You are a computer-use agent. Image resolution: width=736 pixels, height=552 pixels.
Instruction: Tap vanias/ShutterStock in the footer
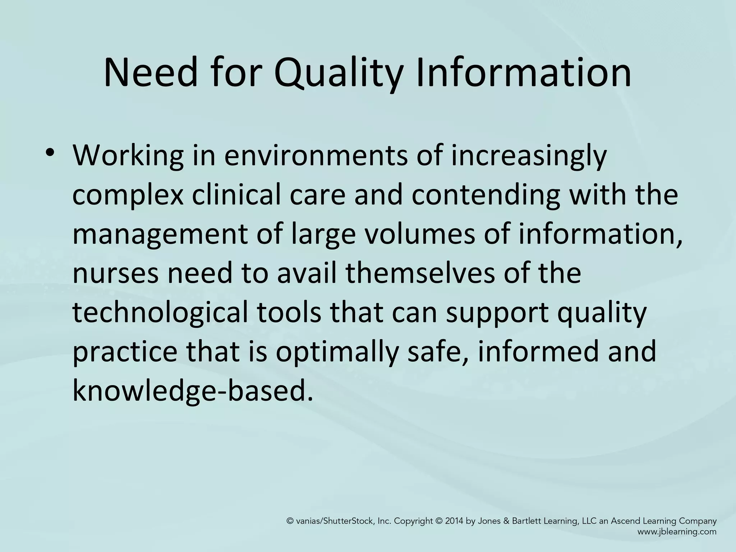(336, 521)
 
